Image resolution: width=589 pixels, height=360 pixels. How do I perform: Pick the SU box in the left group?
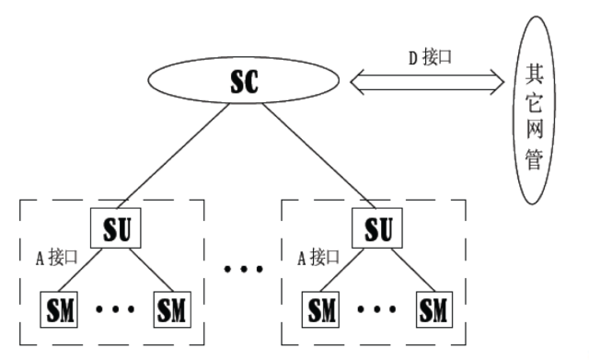tap(115, 228)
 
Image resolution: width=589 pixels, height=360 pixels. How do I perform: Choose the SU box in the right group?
tap(375, 228)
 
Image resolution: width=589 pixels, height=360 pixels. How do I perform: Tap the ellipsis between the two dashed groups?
tap(244, 270)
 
